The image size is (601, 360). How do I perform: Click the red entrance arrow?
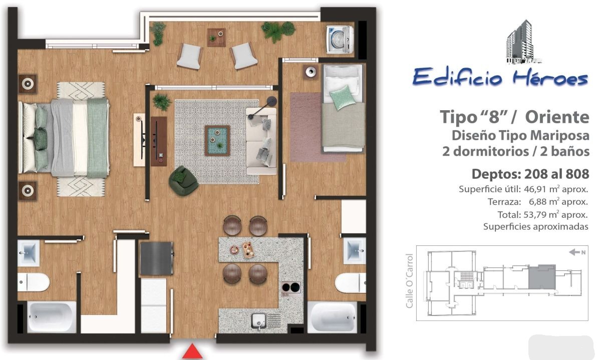click(192, 351)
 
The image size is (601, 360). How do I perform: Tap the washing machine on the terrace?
click(340, 39)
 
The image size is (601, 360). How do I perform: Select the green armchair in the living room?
click(184, 181)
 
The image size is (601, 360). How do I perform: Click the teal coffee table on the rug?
click(217, 141)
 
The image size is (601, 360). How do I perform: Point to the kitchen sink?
click(259, 321)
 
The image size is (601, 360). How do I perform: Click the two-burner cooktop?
click(291, 287)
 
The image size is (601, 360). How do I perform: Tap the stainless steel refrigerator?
click(157, 258)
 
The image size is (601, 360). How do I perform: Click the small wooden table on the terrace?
click(216, 38)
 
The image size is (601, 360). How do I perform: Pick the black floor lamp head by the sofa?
click(272, 101)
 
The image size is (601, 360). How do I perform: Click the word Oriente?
click(557, 117)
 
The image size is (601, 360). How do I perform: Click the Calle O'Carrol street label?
click(410, 281)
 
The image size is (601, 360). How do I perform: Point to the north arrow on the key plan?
click(574, 252)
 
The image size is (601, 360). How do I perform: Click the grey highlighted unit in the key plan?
click(542, 277)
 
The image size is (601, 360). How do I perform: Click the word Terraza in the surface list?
click(504, 202)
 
